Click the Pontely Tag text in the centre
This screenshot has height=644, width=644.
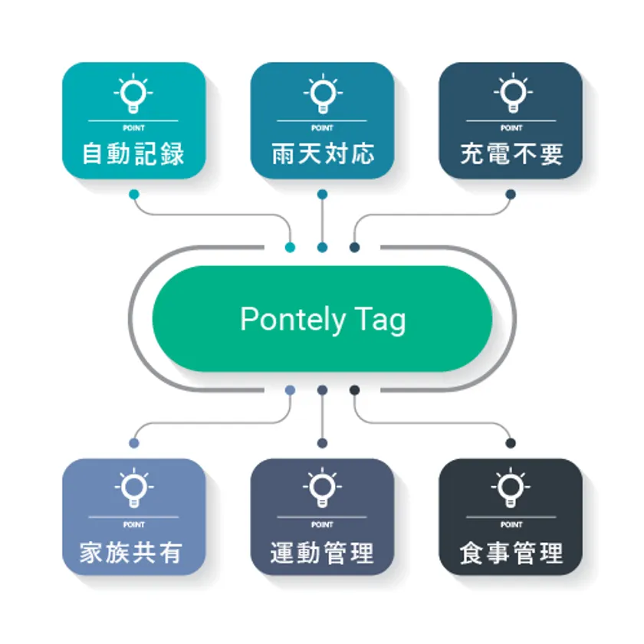point(323,320)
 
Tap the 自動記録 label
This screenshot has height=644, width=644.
point(133,154)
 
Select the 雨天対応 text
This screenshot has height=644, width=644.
point(323,154)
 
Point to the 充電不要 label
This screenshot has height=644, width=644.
point(511,154)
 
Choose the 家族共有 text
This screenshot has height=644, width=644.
point(131,553)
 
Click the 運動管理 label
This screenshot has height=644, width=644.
point(323,553)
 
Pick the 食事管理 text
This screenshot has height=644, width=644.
point(511,553)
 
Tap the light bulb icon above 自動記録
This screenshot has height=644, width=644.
point(133,94)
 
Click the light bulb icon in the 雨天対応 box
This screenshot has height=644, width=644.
point(323,94)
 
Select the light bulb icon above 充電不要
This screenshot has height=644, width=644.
point(513,94)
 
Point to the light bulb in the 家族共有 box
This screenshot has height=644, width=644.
point(134,488)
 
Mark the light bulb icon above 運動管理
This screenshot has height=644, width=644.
point(323,488)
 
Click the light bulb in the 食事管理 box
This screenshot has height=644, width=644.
point(511,488)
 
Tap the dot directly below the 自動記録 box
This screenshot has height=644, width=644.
point(134,194)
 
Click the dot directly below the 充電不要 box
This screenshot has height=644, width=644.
point(511,194)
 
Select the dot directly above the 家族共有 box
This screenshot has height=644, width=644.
point(134,443)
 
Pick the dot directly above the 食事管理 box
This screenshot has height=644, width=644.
point(511,443)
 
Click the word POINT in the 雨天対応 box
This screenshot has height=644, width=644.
point(323,128)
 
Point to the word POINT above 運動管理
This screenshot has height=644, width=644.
point(323,524)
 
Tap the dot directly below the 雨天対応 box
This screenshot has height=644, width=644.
point(323,194)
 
